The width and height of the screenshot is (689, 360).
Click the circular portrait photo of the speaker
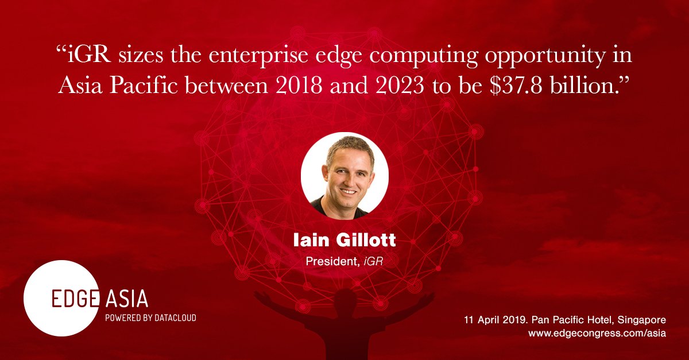[344, 176]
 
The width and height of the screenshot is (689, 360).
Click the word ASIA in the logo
[127, 299]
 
